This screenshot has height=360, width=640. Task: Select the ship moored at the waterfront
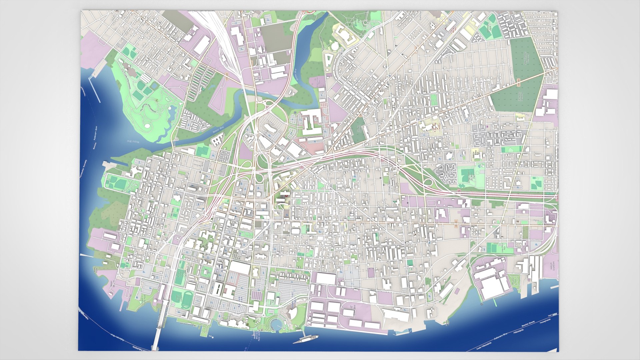click(x=306, y=339)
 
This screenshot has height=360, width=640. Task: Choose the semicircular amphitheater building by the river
click(x=292, y=313)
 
